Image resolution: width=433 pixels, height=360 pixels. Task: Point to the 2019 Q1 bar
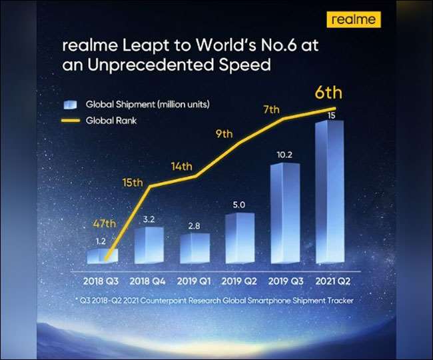tap(195, 247)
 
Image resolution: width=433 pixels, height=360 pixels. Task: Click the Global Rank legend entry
tap(109, 121)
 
